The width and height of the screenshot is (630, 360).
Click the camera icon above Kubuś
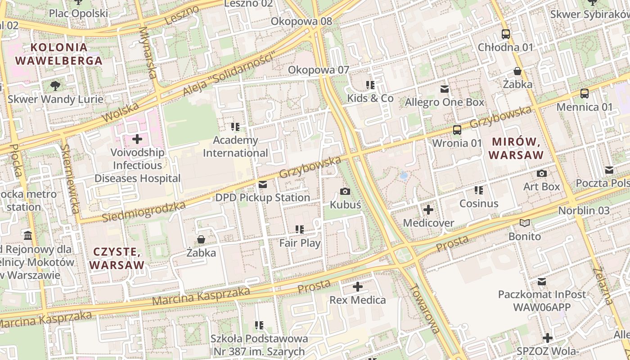(345, 192)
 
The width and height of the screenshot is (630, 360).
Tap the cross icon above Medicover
(428, 210)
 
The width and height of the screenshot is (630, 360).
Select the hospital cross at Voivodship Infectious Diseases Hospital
(137, 139)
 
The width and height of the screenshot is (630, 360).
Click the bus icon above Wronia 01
(457, 130)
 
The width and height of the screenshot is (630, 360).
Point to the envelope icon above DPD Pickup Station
(263, 184)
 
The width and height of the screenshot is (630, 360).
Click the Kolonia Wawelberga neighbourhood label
(58, 54)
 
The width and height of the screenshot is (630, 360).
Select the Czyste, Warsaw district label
(117, 258)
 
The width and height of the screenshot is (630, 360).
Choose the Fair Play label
(300, 243)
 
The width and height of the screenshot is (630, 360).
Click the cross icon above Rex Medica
(358, 286)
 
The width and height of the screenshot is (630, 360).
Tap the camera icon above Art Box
(542, 173)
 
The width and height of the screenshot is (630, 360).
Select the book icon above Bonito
(525, 223)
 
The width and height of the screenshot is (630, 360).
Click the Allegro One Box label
(445, 102)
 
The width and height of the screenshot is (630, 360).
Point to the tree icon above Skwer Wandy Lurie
(55, 85)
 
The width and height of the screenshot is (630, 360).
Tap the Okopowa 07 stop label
(319, 70)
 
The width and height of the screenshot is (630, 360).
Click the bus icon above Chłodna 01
(506, 34)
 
